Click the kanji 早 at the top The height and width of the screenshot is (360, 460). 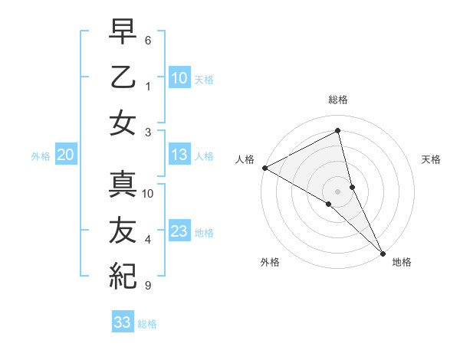(x=122, y=33)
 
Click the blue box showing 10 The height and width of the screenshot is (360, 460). (x=179, y=77)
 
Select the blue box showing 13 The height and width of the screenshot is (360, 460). (x=179, y=155)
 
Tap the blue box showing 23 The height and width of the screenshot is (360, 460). (x=179, y=231)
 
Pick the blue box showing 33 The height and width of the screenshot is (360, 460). (x=122, y=322)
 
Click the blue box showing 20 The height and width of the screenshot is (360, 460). (x=65, y=155)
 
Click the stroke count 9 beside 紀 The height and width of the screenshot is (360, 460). (x=148, y=286)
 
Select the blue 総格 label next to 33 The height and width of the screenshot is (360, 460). (x=147, y=324)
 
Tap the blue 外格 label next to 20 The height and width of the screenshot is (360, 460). (x=41, y=156)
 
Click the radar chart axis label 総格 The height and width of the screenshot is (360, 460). (x=337, y=100)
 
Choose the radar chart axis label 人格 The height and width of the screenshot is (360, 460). (x=245, y=159)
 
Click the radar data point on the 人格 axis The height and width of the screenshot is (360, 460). (x=264, y=168)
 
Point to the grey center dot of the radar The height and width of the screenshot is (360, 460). (x=337, y=191)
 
